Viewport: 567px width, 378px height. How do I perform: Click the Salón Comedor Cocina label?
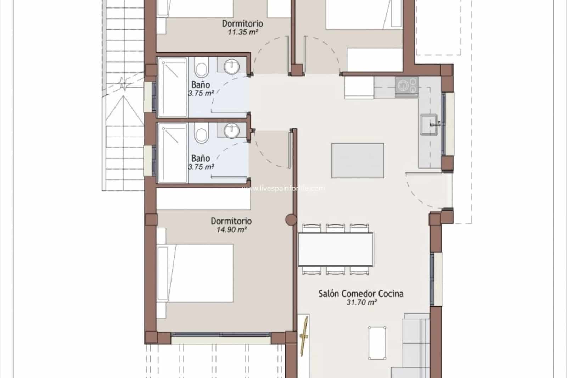(361, 294)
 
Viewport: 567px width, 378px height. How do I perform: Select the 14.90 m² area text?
(231, 229)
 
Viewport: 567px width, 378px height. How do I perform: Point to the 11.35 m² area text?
(243, 32)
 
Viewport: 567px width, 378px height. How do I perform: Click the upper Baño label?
(201, 85)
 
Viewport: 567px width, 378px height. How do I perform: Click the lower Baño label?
(201, 158)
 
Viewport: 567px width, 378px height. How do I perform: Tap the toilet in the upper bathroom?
(202, 70)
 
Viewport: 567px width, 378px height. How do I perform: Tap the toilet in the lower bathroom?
(202, 134)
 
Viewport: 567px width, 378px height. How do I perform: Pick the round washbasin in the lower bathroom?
(232, 130)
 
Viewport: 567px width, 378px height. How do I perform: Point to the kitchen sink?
(430, 124)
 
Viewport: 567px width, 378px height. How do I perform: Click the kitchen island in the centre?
(358, 160)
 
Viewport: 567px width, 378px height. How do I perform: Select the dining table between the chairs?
(336, 249)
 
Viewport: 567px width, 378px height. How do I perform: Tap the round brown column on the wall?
(291, 220)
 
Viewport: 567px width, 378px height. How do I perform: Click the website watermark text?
(283, 189)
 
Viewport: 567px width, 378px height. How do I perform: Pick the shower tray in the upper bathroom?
(172, 87)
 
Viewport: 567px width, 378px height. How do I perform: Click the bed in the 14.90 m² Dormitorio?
(195, 273)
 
